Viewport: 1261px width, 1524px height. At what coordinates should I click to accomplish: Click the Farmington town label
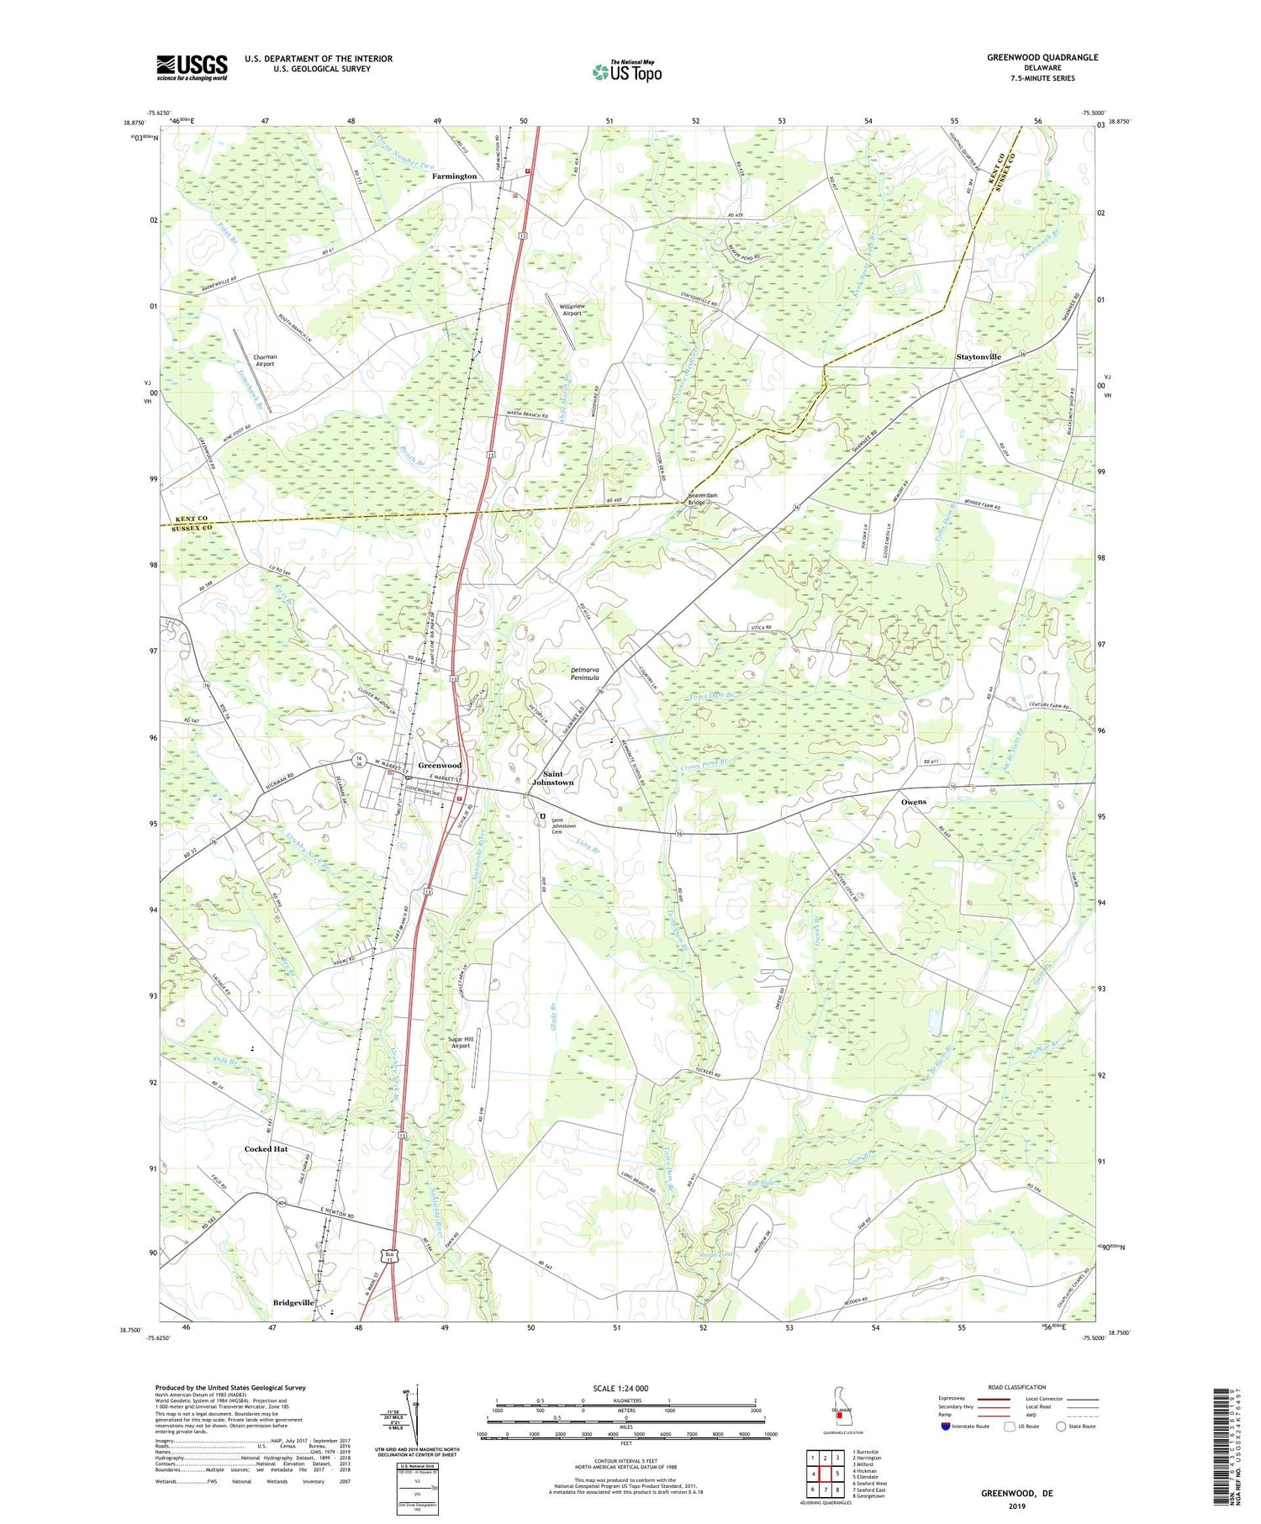click(x=454, y=177)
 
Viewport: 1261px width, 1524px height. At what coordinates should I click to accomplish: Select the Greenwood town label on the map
click(x=440, y=766)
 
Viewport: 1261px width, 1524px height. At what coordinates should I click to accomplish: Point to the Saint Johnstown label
click(x=551, y=778)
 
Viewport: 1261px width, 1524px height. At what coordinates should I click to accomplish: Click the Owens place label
click(x=914, y=802)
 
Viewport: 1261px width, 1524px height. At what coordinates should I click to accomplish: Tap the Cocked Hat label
click(x=266, y=1149)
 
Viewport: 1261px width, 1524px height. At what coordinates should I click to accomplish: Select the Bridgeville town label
click(x=293, y=1303)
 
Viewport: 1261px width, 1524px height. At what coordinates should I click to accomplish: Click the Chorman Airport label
click(x=265, y=361)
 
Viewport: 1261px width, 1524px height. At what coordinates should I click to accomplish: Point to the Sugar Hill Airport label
click(x=461, y=1042)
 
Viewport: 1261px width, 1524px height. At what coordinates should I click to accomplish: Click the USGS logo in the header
click(x=192, y=67)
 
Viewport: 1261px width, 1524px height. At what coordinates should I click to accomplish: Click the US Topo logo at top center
click(x=626, y=72)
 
